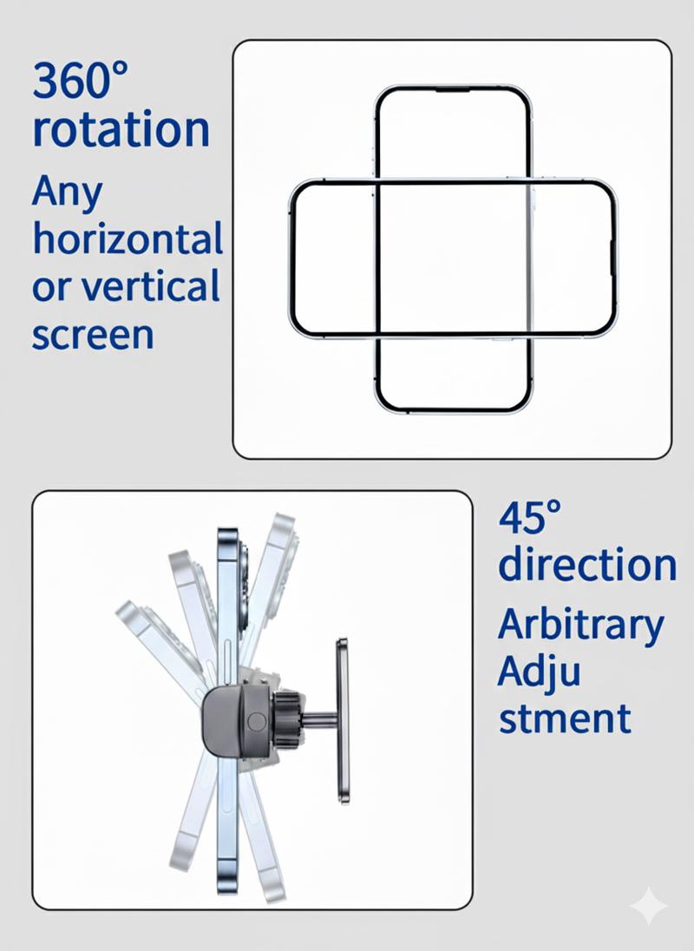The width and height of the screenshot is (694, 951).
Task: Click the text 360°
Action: tap(80, 80)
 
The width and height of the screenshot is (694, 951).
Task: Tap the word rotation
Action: tap(121, 129)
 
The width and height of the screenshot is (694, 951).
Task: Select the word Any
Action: tap(68, 193)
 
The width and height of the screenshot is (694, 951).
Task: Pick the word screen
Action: tap(93, 335)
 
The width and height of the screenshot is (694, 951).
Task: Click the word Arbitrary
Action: tap(580, 627)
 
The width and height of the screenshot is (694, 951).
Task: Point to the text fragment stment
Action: tap(564, 718)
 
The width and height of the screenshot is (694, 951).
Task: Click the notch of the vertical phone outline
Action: tap(452, 90)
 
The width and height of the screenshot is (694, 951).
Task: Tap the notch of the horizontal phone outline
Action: tap(612, 258)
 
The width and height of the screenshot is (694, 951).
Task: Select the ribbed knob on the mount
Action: tap(286, 721)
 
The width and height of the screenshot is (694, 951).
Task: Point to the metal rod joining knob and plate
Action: tap(319, 720)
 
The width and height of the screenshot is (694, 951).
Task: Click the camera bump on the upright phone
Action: tap(243, 583)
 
